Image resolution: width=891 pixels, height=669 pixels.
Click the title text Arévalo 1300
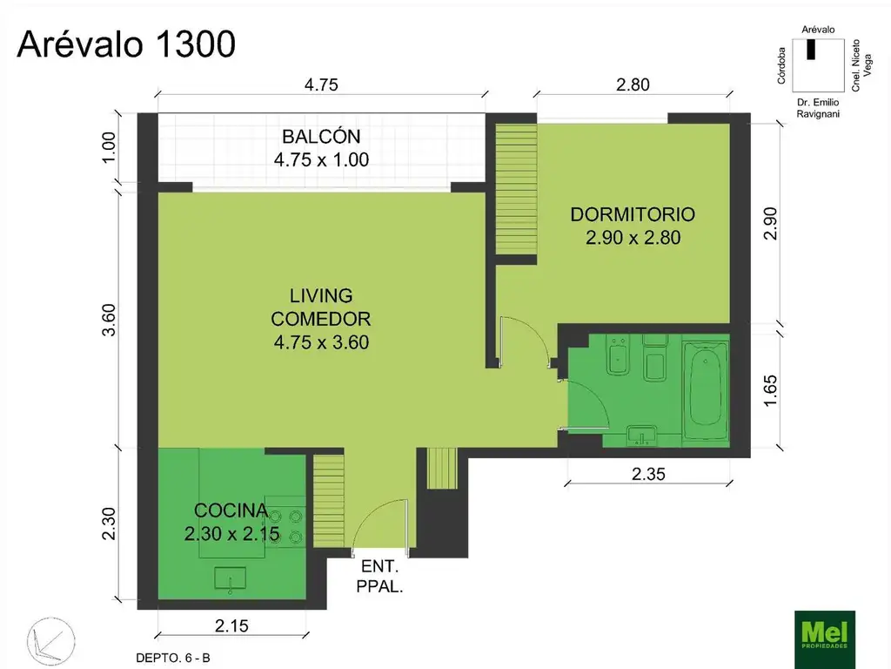[126, 44]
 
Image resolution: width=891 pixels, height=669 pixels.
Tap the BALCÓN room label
[320, 137]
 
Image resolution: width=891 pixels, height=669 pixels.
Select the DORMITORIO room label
[632, 214]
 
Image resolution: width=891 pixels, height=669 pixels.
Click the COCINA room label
[231, 510]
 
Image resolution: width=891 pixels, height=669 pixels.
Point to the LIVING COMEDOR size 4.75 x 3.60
[321, 342]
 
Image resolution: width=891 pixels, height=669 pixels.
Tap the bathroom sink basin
[644, 435]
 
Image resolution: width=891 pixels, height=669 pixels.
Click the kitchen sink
[230, 578]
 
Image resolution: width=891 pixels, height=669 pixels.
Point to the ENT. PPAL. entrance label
[379, 576]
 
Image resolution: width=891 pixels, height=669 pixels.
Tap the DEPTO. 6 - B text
[173, 659]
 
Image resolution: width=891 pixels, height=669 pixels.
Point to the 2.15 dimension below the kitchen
[231, 625]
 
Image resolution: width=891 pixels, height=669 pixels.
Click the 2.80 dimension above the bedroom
[633, 84]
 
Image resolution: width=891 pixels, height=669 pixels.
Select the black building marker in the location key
[811, 50]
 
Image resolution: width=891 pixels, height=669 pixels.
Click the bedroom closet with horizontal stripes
[516, 189]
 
